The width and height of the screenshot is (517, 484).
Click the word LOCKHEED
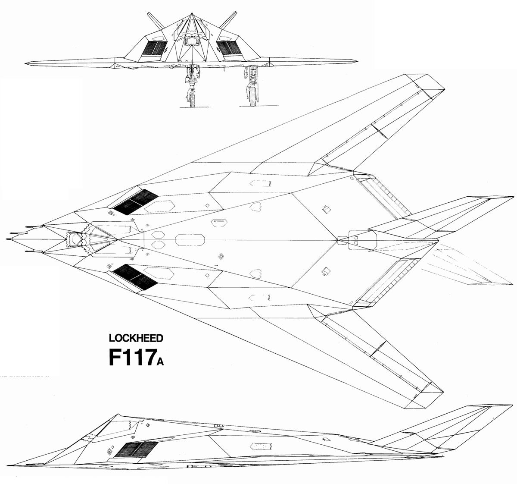click(x=136, y=338)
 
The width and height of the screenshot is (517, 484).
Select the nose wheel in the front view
click(x=192, y=100)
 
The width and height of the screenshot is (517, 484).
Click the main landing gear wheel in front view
click(x=252, y=96)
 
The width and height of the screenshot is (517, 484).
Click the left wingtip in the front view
click(x=26, y=63)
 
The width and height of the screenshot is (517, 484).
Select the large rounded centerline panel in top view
click(x=190, y=240)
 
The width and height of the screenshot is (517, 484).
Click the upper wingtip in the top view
click(x=444, y=89)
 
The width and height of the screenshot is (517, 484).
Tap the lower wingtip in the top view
click(x=443, y=392)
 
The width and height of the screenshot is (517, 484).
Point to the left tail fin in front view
click(x=156, y=20)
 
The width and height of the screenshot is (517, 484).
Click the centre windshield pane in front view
click(x=191, y=41)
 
